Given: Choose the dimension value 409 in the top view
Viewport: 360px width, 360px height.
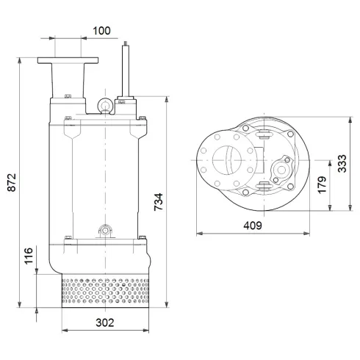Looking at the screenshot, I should coord(252,226).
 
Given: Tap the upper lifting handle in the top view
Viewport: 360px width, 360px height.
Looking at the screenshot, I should coord(264,133).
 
